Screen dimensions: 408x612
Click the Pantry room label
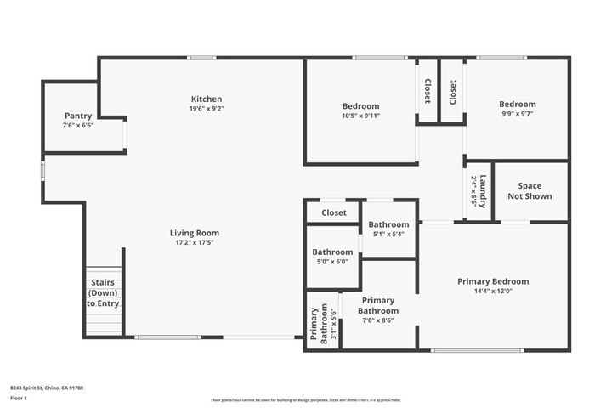point(78,116)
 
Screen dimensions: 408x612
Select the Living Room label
point(195,233)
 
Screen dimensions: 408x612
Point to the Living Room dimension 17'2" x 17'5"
point(195,242)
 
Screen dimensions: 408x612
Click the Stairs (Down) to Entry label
point(103,293)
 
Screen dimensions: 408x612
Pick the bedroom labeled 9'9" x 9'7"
point(517,105)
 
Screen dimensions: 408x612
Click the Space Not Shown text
point(530,191)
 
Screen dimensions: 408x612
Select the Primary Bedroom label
point(493,281)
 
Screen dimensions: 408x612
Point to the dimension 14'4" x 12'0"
point(493,291)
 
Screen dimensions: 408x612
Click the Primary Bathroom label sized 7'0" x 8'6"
point(378,305)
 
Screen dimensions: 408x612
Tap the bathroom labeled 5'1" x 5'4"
point(388,224)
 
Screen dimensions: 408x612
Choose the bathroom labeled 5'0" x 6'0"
point(332,252)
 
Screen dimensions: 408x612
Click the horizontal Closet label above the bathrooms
point(333,212)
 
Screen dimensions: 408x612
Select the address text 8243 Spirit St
point(47,388)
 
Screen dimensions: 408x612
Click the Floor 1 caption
point(19,398)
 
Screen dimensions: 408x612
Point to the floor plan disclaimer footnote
point(306,399)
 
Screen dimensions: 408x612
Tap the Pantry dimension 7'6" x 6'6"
point(78,125)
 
